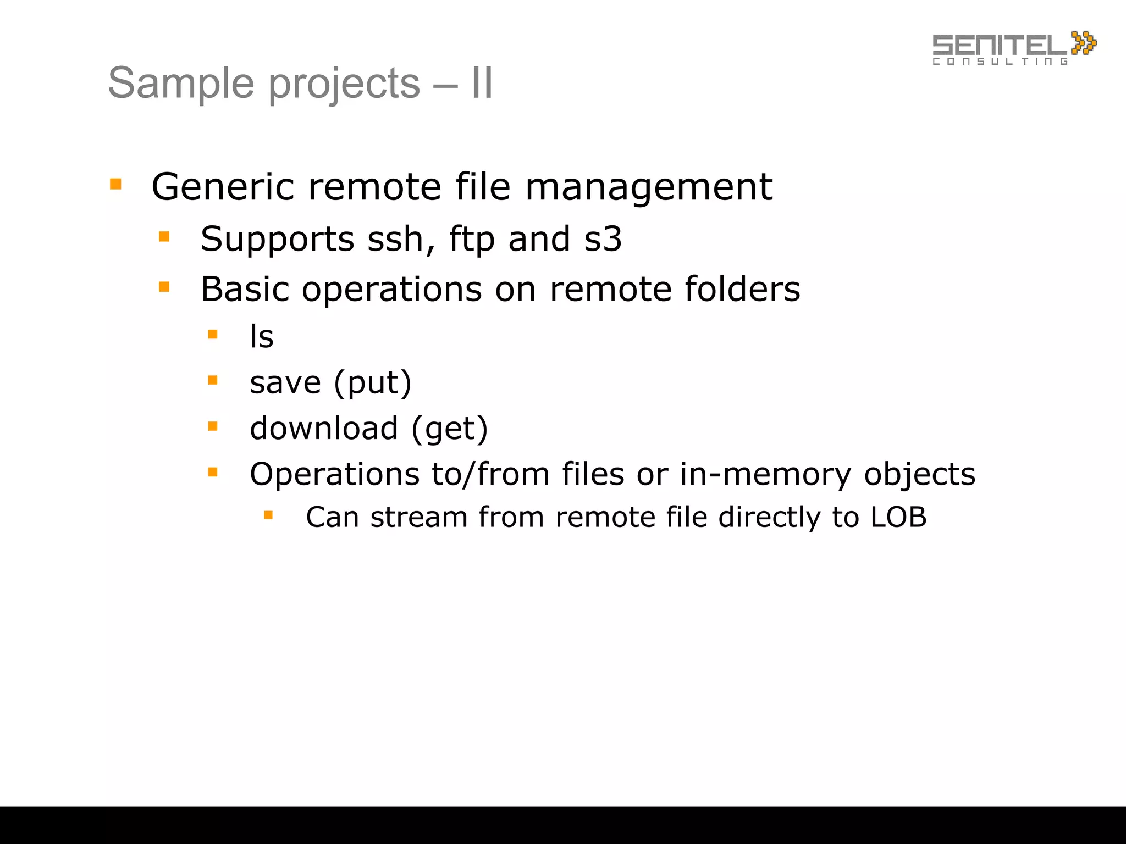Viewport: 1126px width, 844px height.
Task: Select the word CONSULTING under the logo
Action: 1000,62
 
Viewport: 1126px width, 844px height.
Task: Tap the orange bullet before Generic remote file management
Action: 115,184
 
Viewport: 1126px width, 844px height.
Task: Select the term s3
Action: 603,240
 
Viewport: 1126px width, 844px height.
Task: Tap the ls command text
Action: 262,336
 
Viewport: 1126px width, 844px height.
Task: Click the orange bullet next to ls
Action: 213,334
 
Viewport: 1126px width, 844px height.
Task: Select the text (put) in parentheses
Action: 373,383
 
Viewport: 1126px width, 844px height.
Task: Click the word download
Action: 324,428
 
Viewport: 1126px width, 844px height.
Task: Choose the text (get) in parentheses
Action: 449,429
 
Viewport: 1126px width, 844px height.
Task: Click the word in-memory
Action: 765,474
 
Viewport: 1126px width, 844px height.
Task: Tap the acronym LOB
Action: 898,517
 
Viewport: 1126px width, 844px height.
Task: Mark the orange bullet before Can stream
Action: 268,515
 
